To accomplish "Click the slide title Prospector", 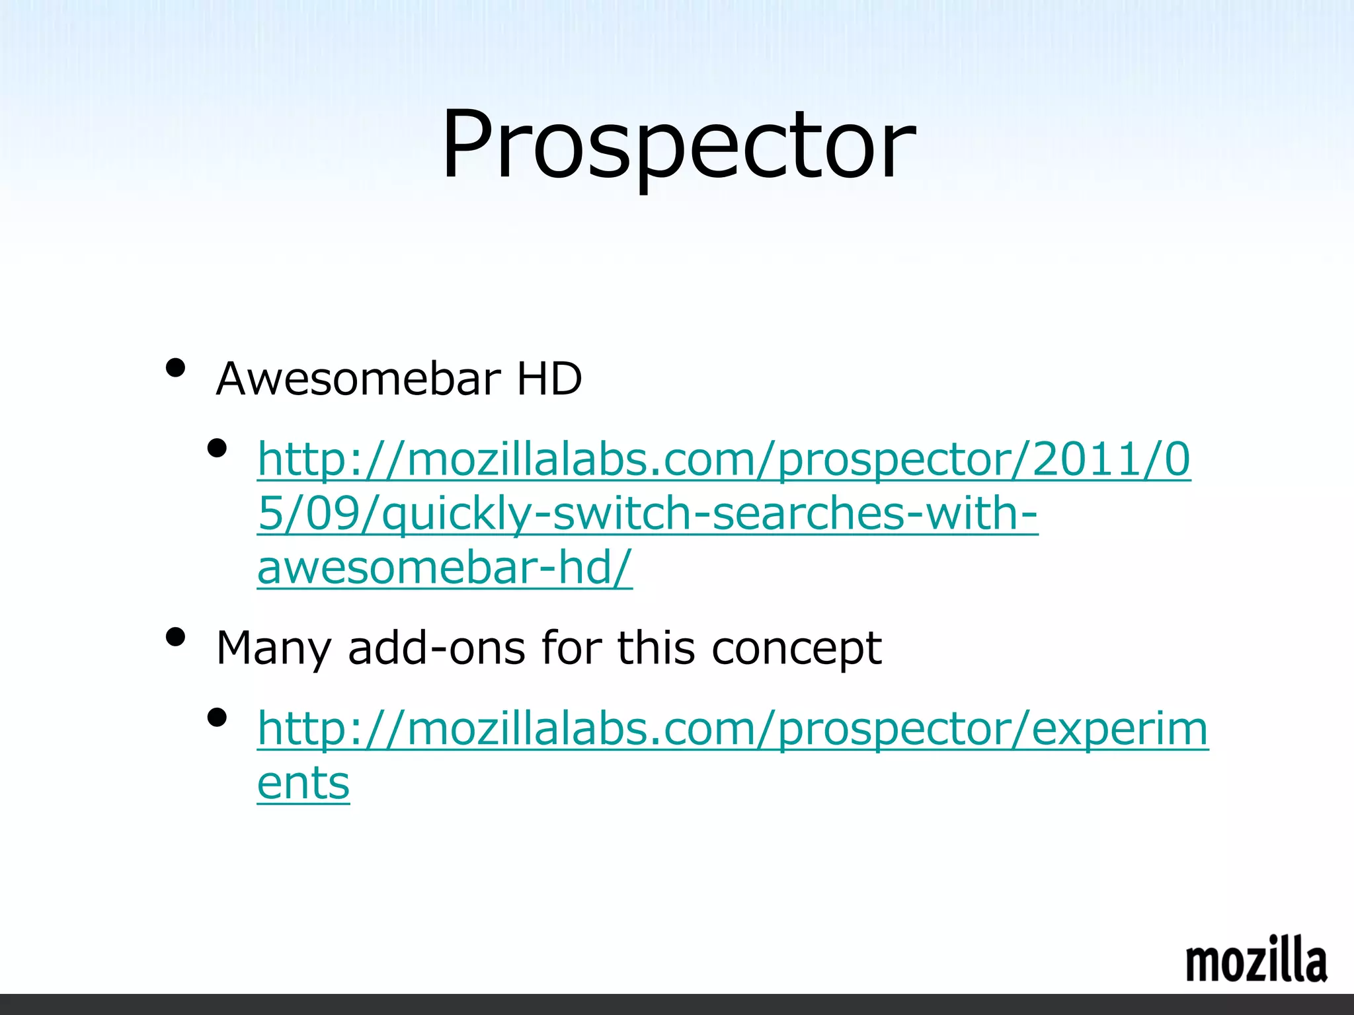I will coord(678,145).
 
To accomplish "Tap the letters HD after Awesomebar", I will coord(549,379).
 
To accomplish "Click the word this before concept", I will coord(656,648).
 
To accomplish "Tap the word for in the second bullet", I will coord(571,648).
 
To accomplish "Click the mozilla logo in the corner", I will coord(1256,960).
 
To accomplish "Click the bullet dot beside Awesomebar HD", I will coord(175,367).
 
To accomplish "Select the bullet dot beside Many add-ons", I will coord(175,637).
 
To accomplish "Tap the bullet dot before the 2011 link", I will coord(216,449).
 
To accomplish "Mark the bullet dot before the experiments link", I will coord(216,718).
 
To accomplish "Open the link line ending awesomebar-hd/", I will coord(444,568).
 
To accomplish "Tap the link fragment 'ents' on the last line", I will coord(303,784).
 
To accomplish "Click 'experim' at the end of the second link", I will coord(1119,730).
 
